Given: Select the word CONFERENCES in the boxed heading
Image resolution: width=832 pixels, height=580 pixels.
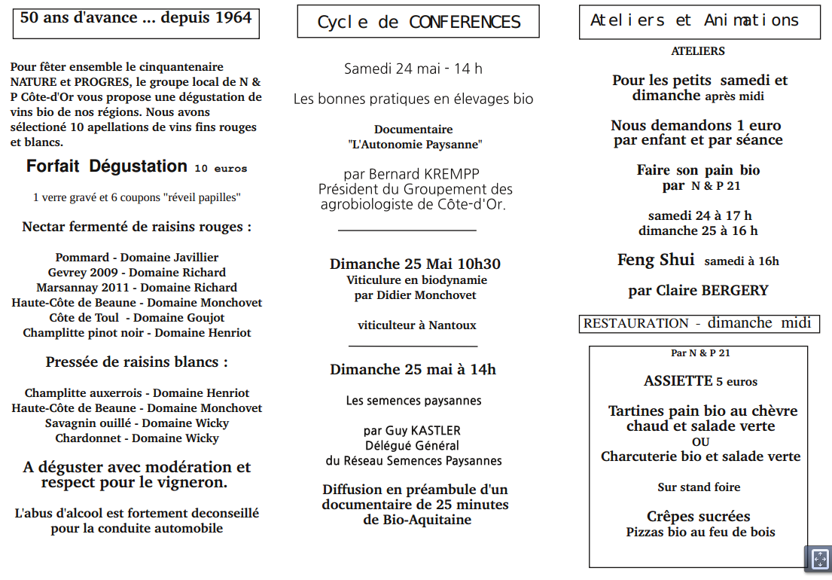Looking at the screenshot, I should [x=465, y=23].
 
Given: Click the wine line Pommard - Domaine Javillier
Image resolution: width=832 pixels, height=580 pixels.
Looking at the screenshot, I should [x=137, y=258].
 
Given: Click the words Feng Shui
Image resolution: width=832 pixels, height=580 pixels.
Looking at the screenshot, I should [x=656, y=260].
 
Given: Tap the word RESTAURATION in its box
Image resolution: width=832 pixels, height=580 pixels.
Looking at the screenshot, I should [x=636, y=324].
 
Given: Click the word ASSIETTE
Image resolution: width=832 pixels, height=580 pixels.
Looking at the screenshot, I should [x=678, y=381].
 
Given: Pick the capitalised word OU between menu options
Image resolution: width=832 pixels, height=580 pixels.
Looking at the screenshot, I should [x=700, y=442].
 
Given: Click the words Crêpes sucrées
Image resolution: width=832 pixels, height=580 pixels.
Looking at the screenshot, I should [x=699, y=517].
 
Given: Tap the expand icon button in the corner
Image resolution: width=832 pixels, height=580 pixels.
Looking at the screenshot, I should [x=818, y=559].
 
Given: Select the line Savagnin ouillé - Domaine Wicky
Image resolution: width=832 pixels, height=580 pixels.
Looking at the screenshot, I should [x=137, y=423].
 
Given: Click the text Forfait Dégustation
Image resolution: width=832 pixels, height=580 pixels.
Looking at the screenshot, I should [x=107, y=166].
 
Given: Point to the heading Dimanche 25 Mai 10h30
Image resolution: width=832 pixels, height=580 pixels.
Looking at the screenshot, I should [x=415, y=264].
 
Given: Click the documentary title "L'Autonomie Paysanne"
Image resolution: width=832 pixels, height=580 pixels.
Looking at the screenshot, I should [x=415, y=144].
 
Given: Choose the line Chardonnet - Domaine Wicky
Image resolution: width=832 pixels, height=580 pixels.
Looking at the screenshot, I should [x=137, y=438].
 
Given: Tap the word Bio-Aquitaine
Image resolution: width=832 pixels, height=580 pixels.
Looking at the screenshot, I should [x=428, y=520].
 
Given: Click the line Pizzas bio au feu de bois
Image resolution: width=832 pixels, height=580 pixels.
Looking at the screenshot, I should [x=700, y=533].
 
